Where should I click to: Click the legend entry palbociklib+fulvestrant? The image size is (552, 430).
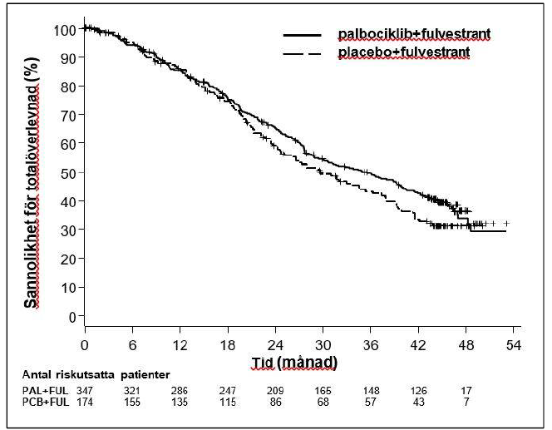tap(413, 34)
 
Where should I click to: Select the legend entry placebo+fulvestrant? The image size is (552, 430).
tap(403, 52)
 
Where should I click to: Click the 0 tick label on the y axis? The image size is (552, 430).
tap(71, 316)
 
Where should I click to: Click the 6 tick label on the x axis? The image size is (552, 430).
tap(132, 345)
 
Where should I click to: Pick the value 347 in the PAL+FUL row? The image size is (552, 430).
tap(84, 389)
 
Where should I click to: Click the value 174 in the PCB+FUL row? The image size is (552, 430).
tap(84, 402)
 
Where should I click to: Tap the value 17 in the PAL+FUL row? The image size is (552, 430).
tap(466, 389)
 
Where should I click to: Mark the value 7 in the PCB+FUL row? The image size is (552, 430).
tap(466, 402)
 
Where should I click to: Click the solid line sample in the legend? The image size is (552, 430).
tap(303, 35)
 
